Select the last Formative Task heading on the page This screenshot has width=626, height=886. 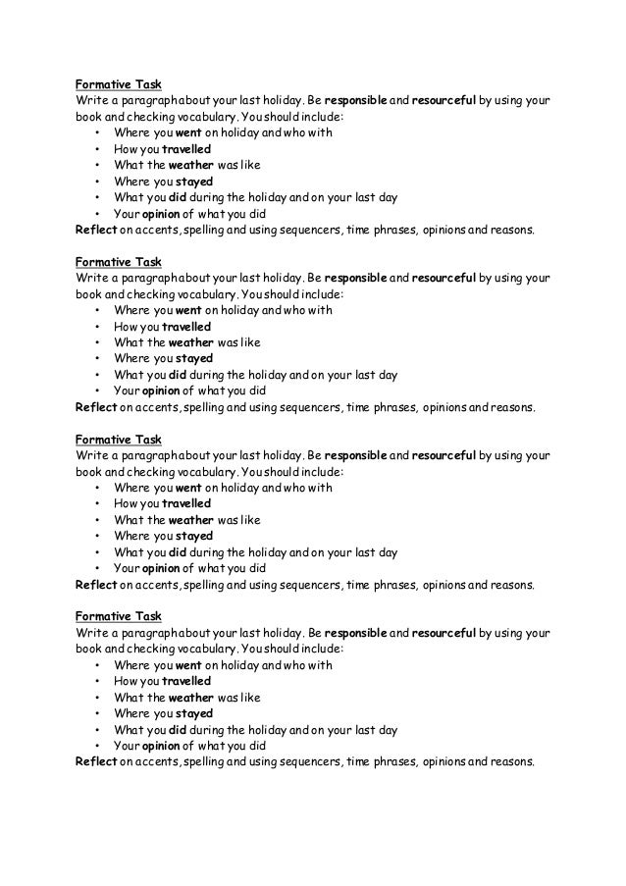coord(118,616)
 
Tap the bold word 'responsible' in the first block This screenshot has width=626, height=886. coord(355,100)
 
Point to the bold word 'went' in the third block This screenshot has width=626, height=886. coord(188,488)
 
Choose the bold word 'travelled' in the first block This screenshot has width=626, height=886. coord(186,149)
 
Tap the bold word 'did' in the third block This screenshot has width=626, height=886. coord(178,552)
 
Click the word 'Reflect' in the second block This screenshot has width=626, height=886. coord(96,407)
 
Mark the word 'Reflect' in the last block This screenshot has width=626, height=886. coord(96,761)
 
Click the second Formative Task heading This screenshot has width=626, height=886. coord(118,262)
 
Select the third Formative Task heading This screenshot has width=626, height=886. coord(118,439)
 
